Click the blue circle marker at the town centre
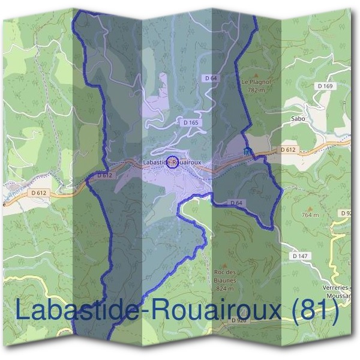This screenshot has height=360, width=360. click(x=172, y=162)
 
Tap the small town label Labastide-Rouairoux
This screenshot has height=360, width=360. click(x=172, y=162)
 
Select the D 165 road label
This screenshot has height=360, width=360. click(x=191, y=122)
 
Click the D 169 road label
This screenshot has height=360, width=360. click(x=325, y=86)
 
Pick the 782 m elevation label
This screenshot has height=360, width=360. click(x=256, y=90)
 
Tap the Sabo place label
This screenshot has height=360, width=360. click(x=298, y=119)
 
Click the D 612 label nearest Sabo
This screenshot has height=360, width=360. click(x=288, y=149)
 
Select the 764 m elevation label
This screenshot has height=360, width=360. click(x=310, y=215)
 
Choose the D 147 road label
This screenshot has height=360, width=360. click(x=300, y=256)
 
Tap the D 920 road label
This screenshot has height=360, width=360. click(x=239, y=321)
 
